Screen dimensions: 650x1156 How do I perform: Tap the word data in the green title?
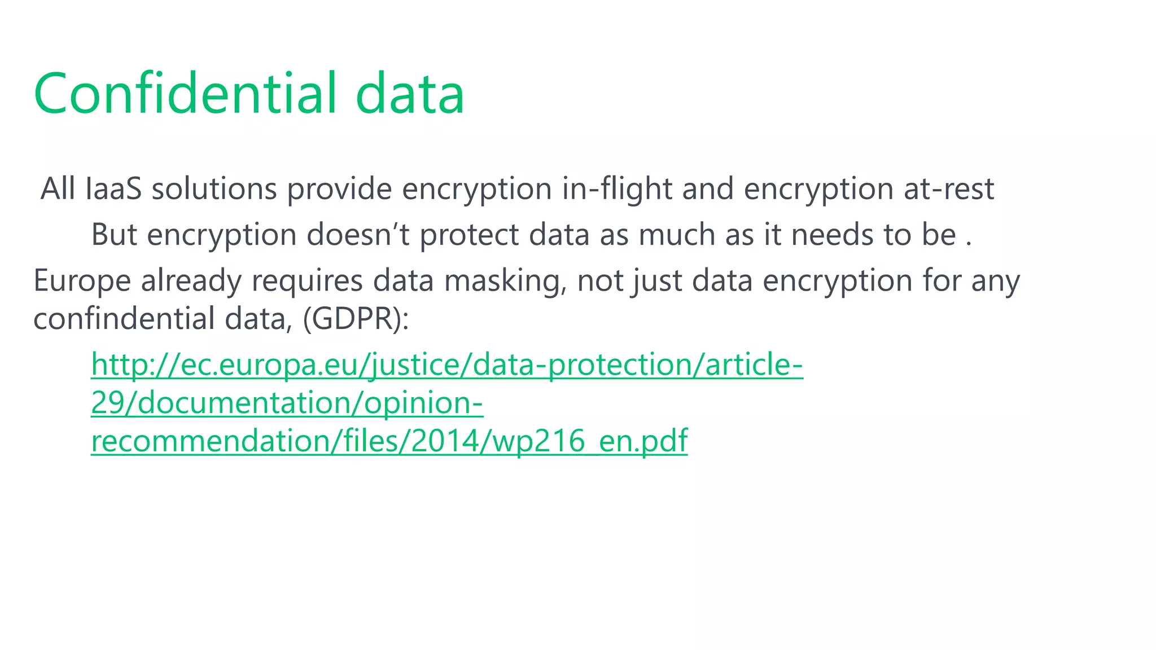pyautogui.click(x=410, y=93)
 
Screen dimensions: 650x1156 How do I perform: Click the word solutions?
pyautogui.click(x=214, y=188)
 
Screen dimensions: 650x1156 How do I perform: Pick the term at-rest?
pyautogui.click(x=948, y=188)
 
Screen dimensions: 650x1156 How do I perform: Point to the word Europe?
pyautogui.click(x=82, y=280)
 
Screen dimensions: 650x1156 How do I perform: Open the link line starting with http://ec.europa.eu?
pyautogui.click(x=446, y=364)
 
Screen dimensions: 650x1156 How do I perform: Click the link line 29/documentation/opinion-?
pyautogui.click(x=287, y=403)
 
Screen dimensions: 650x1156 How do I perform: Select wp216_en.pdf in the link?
pyautogui.click(x=590, y=441)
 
